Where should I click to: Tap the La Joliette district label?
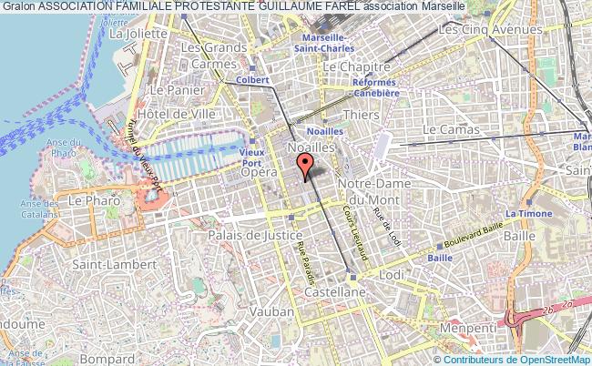[141, 34]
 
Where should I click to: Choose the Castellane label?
[336, 291]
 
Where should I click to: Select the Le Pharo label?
[89, 199]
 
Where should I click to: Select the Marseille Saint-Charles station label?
[331, 42]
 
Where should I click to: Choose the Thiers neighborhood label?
[361, 115]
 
